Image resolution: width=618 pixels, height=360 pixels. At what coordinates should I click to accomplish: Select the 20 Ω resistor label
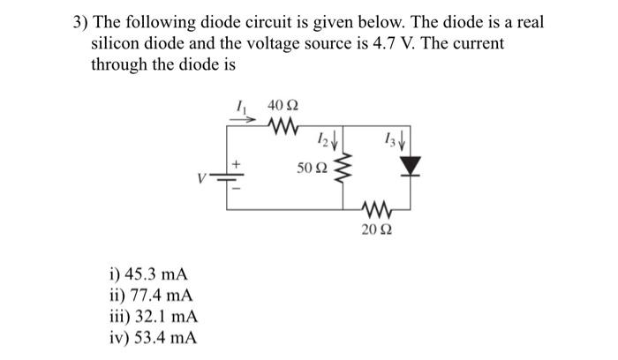376,230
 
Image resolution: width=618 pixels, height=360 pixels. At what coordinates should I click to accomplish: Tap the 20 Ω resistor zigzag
376,210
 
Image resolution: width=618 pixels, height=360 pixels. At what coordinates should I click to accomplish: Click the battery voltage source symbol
234,176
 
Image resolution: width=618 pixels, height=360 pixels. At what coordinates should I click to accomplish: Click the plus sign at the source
235,163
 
